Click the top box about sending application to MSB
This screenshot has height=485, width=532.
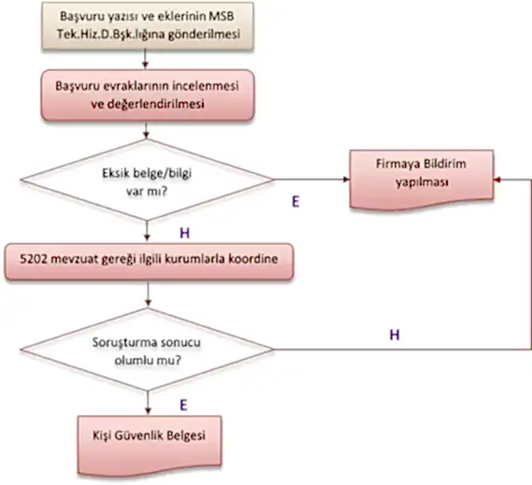click(x=149, y=28)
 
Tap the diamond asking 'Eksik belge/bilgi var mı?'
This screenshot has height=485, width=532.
click(x=149, y=179)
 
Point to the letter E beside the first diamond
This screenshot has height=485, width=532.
click(x=295, y=201)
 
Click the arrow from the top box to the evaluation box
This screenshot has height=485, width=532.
click(x=149, y=62)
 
